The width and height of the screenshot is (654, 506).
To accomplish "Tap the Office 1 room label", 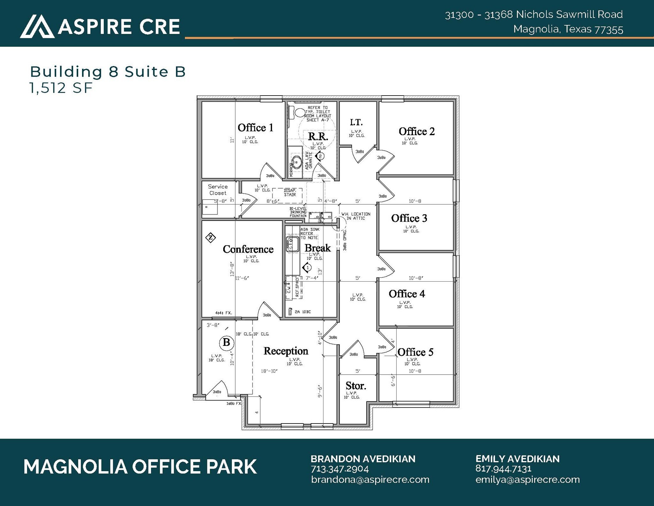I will pyautogui.click(x=255, y=128).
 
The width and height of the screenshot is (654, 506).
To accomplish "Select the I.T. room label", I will pyautogui.click(x=356, y=122).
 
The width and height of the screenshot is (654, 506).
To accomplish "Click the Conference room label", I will pyautogui.click(x=248, y=249).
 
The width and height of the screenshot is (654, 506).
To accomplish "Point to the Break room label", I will pyautogui.click(x=317, y=248).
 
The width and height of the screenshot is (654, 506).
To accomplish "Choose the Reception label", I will pyautogui.click(x=286, y=351).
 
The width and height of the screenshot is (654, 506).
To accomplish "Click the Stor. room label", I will pyautogui.click(x=356, y=386).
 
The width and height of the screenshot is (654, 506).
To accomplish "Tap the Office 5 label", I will pyautogui.click(x=415, y=352).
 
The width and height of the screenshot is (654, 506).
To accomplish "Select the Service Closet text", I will pyautogui.click(x=218, y=190).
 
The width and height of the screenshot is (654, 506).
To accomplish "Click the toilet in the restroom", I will pyautogui.click(x=299, y=113).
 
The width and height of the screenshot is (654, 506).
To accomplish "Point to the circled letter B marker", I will pyautogui.click(x=226, y=343).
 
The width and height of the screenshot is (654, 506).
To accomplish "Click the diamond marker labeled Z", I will pyautogui.click(x=210, y=237).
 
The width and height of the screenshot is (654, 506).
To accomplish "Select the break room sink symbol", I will pyautogui.click(x=293, y=244).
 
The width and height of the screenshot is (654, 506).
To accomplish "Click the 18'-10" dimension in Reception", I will pyautogui.click(x=269, y=371).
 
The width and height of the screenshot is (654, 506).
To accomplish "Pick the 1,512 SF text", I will pyautogui.click(x=61, y=88).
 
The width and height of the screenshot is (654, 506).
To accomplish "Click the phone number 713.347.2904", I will pyautogui.click(x=340, y=469).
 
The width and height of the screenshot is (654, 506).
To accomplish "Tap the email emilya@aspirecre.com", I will pyautogui.click(x=528, y=479).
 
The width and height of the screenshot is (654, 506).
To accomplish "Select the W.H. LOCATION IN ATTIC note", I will pyautogui.click(x=356, y=216).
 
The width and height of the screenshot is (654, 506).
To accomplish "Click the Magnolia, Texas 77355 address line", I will pyautogui.click(x=568, y=29).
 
